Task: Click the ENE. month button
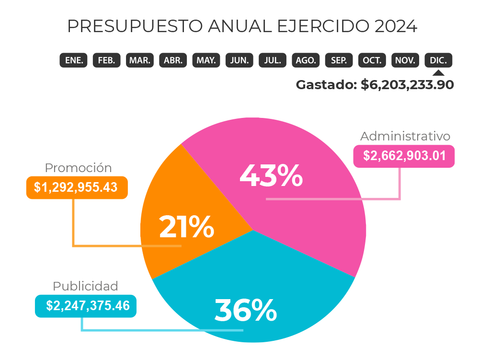coord(74,60)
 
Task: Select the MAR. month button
coord(140,60)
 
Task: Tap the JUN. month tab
coord(239,60)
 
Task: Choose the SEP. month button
coord(339,60)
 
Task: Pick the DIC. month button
coord(438,60)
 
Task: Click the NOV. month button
coord(405,60)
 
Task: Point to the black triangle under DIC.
coord(438,73)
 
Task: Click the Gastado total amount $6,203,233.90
coord(407,85)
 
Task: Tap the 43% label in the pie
coord(271,176)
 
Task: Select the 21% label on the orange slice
coord(186,227)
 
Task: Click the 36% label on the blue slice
coord(245,310)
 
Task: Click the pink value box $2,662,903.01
coord(404,156)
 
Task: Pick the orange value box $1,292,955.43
coord(76,187)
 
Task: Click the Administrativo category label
coord(405,136)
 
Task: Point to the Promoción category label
coord(78,168)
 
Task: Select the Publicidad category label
coord(85,286)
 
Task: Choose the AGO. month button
coord(306,60)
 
